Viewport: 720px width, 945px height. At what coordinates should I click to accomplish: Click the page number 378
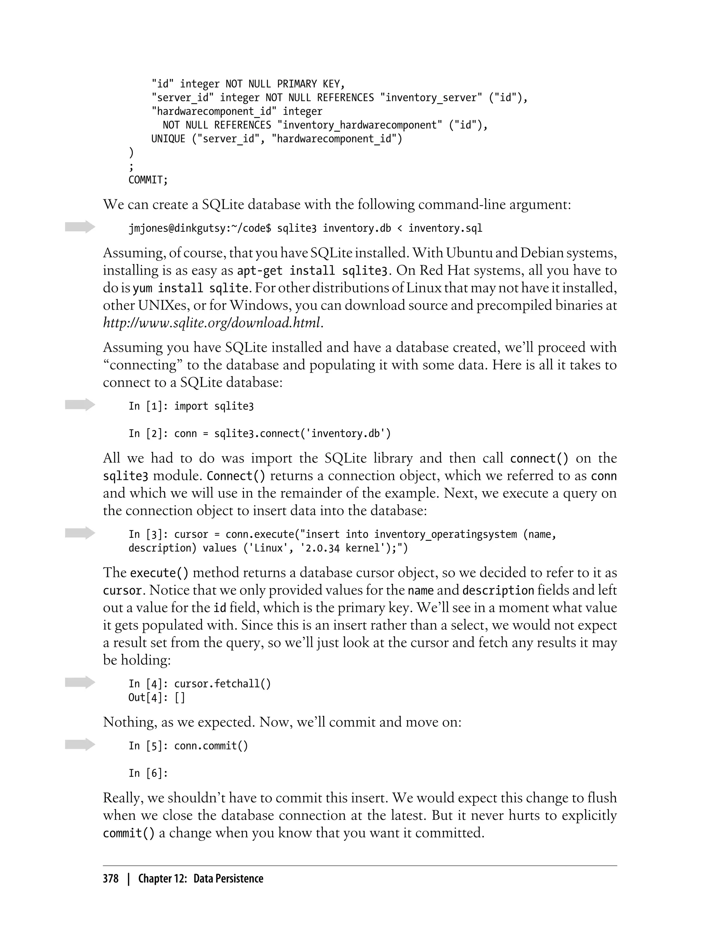coord(111,879)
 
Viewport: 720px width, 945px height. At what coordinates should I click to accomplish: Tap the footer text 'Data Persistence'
coord(228,879)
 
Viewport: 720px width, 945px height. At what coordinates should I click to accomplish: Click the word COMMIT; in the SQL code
coord(148,180)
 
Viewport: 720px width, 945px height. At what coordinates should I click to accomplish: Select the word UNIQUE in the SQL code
coord(168,139)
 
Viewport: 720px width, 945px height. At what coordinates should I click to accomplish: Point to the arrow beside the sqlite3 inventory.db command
coord(80,227)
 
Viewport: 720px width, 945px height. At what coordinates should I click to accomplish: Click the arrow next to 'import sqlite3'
coord(80,405)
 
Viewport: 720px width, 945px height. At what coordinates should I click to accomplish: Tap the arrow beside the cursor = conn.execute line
coord(80,533)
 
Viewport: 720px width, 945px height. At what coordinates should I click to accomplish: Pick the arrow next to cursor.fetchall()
coord(80,682)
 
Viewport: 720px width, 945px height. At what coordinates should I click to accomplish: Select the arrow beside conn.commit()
coord(80,744)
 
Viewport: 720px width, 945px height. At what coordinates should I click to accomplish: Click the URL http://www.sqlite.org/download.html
coord(212,322)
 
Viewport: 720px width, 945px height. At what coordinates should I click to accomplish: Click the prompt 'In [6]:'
coord(148,773)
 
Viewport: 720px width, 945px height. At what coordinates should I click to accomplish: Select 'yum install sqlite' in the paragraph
coord(191,288)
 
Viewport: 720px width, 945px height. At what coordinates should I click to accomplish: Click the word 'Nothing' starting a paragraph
coord(129,722)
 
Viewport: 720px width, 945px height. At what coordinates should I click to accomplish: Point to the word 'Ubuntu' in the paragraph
coord(469,253)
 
